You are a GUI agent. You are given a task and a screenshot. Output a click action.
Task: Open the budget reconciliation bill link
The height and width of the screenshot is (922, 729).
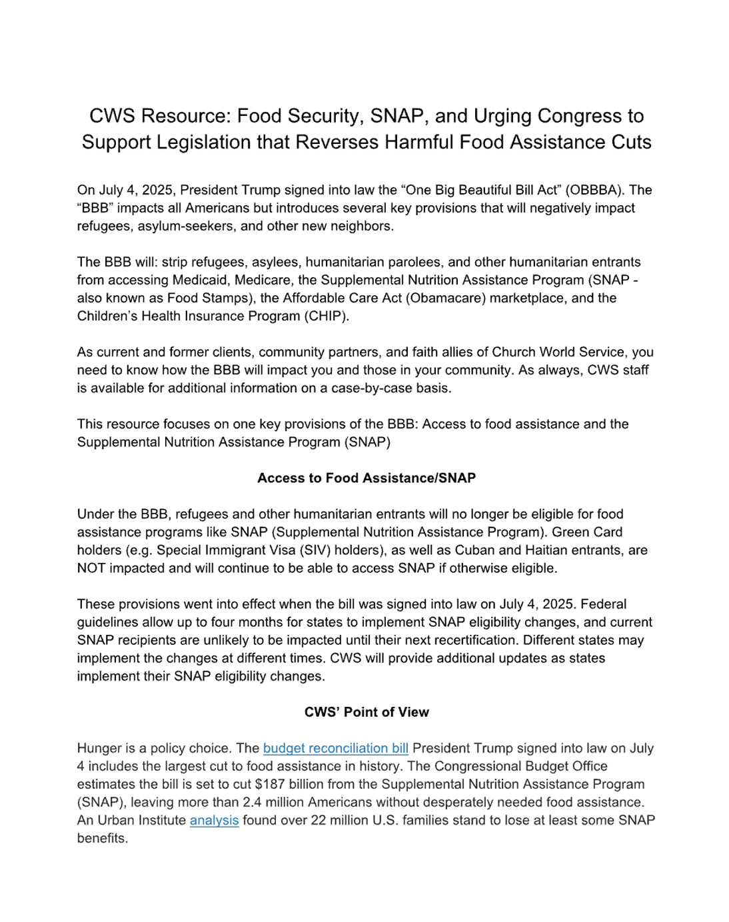point(335,748)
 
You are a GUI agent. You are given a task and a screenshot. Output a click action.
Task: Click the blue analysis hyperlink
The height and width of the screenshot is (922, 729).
point(214,820)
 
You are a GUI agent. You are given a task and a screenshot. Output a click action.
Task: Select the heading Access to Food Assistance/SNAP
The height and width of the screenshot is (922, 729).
point(366,478)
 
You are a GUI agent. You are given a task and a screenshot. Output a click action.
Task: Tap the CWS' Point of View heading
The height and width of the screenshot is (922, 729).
point(366,712)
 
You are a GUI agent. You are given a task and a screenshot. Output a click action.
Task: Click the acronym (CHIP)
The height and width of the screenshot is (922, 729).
point(326,316)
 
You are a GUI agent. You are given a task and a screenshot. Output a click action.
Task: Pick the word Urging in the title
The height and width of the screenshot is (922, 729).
point(503,116)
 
